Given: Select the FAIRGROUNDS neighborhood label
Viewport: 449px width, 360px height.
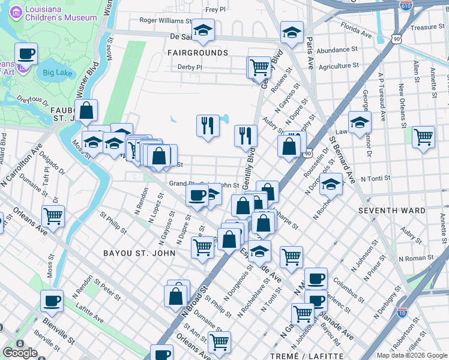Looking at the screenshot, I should point(197,53).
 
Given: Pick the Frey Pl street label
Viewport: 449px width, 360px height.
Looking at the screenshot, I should point(215,10).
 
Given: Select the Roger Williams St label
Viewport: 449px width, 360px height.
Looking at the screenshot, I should point(164,20).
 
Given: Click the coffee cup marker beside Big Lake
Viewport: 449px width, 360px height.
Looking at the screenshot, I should point(26,54).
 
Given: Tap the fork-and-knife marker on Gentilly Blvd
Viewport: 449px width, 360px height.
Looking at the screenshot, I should point(245,136).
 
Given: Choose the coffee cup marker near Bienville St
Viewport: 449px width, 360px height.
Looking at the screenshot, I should point(52,301).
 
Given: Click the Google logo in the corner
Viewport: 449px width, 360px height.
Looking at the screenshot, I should point(20,352).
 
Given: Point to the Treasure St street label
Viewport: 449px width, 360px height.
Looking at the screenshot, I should point(427,27).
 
